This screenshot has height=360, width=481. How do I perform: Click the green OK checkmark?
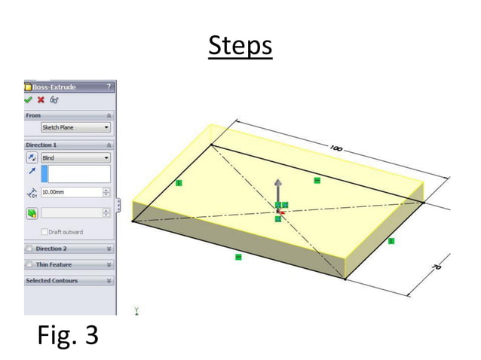(29, 99)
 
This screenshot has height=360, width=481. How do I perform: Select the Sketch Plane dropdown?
(75, 128)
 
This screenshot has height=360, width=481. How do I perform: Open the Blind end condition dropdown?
(75, 158)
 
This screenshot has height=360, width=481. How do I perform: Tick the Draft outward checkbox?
(44, 232)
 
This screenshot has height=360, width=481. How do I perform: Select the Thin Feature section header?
(54, 265)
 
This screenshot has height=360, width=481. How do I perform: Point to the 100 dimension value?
(335, 149)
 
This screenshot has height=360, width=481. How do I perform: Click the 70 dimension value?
(436, 267)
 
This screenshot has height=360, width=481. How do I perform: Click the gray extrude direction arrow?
(278, 188)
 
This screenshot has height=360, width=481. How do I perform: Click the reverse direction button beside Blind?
(32, 158)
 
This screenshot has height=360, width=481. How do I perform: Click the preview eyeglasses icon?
(54, 99)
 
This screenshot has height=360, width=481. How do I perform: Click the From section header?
(34, 115)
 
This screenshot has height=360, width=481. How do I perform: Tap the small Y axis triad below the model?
(136, 310)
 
